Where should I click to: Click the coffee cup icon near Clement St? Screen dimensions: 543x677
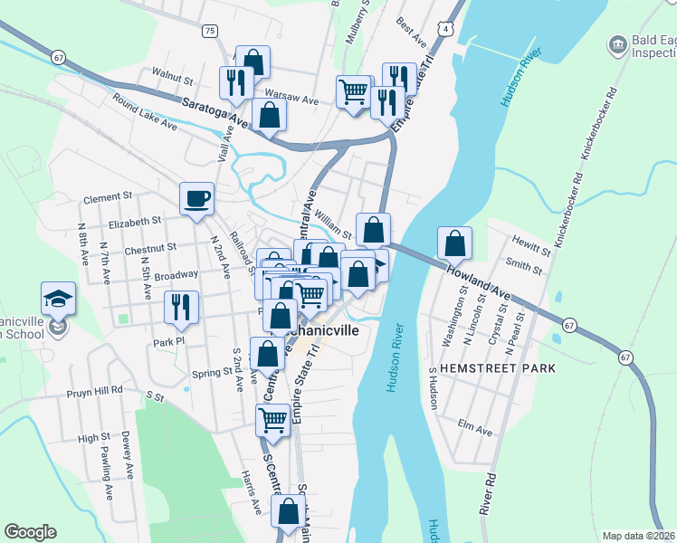pos(196,197)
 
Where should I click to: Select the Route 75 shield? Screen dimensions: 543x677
pos(210,31)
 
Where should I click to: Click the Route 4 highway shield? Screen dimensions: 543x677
pos(446,30)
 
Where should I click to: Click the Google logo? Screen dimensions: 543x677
pos(30,532)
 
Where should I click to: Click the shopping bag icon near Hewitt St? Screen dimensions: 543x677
pos(454,242)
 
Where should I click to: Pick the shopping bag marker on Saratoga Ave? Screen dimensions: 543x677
pos(269,114)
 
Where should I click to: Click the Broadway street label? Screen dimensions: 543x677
pos(176,274)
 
